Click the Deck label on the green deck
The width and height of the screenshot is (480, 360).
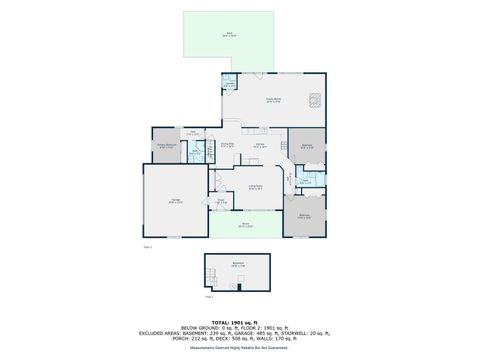click(x=229, y=35)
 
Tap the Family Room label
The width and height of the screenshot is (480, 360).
click(x=272, y=99)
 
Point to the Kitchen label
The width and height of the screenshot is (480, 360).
click(x=260, y=145)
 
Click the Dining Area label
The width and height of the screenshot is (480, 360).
click(x=228, y=145)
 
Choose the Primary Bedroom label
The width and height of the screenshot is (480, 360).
click(x=166, y=145)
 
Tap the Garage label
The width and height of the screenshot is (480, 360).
click(x=175, y=202)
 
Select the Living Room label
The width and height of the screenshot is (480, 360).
click(x=256, y=187)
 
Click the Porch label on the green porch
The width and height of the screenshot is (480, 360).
click(x=244, y=225)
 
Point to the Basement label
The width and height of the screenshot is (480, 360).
click(x=238, y=264)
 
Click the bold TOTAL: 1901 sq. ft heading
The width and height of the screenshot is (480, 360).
click(x=240, y=322)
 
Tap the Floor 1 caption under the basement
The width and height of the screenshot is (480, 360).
click(x=210, y=296)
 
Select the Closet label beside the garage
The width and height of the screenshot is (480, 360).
click(x=221, y=202)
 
